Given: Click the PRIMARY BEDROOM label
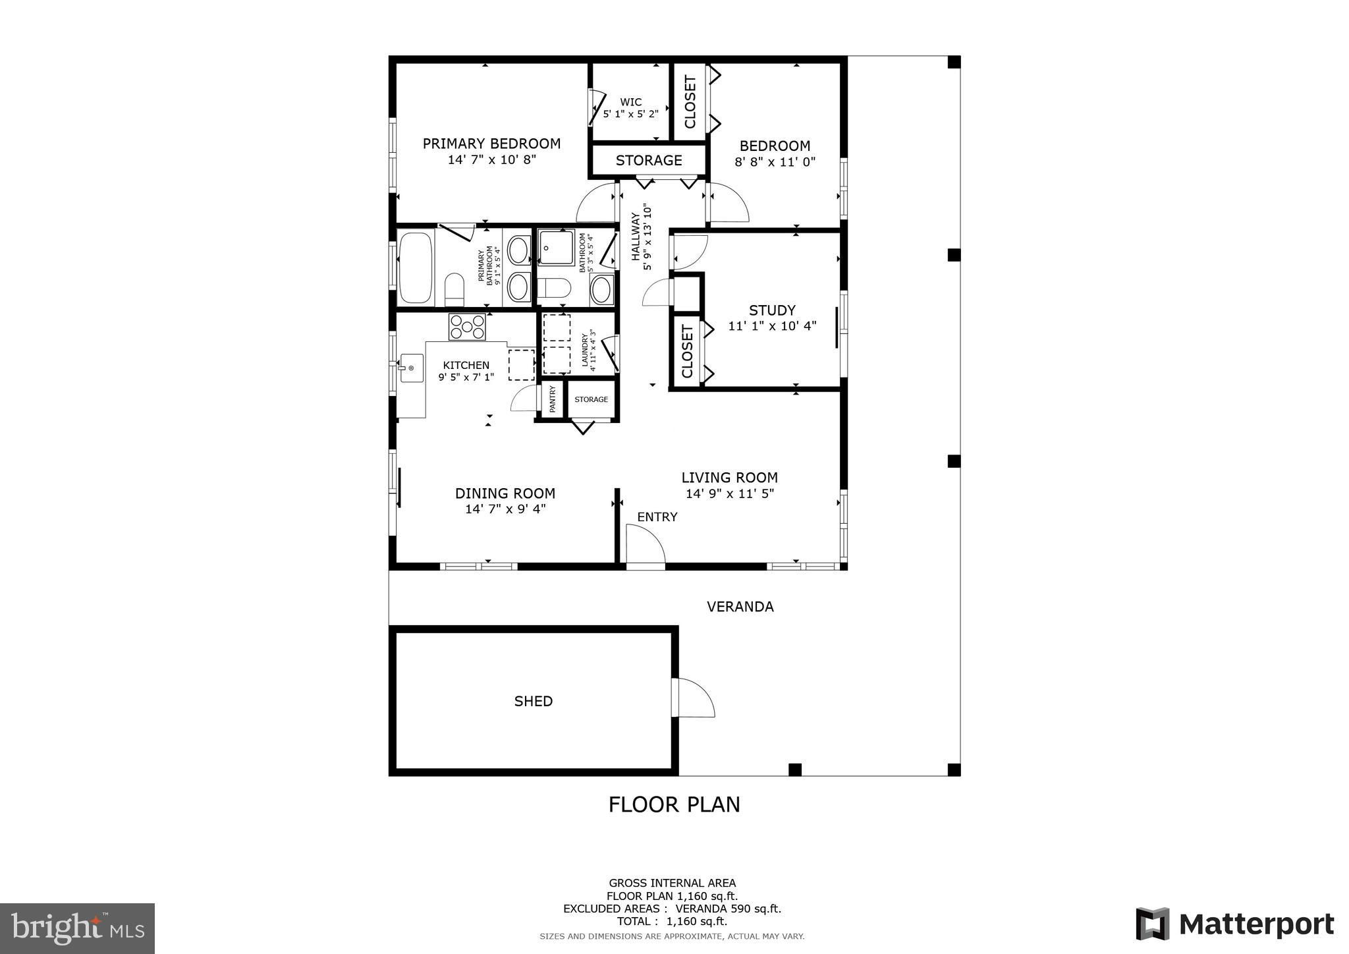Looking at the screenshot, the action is coord(491,144).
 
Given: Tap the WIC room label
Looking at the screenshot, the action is coord(631,102).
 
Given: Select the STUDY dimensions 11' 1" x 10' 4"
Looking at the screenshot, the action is coord(772,326).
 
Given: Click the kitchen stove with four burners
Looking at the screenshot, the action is coord(467,327).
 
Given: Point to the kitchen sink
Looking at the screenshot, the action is coord(412,368).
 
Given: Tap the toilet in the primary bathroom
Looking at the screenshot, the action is coord(454,289).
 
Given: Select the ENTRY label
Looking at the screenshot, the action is coord(657,517).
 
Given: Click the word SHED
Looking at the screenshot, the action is coord(534,701).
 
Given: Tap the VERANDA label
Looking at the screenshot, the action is coord(740,607).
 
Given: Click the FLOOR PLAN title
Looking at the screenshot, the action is coord(674,804).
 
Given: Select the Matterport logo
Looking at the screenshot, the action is coord(1234,924).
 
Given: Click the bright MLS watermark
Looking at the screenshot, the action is coord(77,928).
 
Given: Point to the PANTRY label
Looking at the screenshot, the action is coord(552,399).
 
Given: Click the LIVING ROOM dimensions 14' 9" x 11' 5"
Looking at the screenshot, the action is coord(730,493).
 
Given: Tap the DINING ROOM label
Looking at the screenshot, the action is coord(505,493).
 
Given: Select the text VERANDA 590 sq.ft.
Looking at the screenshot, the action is coord(729,909).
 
